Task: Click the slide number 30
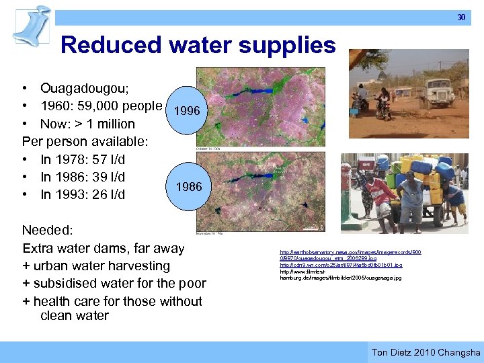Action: [461, 17]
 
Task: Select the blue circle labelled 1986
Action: [189, 186]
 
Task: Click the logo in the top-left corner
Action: [32, 24]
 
